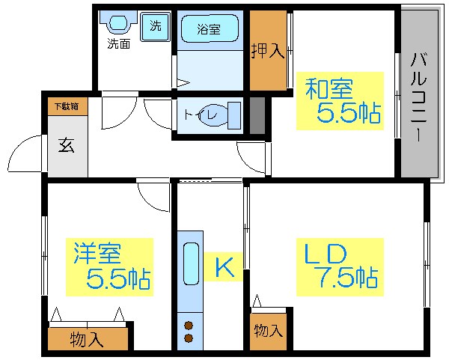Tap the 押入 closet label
267,51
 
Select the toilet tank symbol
233,115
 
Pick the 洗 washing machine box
156,25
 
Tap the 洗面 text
118,43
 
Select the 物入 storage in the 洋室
87,340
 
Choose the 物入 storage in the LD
267,330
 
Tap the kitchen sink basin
190,264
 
